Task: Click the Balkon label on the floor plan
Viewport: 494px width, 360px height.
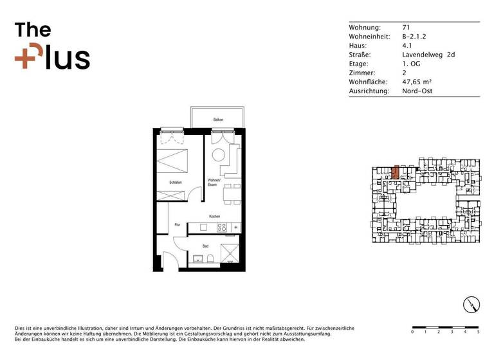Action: [x=218, y=120]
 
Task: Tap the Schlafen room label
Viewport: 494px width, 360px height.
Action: [x=176, y=183]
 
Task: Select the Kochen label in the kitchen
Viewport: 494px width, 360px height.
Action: [x=214, y=217]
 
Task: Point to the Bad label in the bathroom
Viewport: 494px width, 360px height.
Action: [x=205, y=246]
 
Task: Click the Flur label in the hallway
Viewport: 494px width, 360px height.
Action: [x=178, y=224]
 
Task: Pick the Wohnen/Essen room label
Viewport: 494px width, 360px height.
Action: [x=214, y=182]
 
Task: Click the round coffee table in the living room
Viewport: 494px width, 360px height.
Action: [x=219, y=155]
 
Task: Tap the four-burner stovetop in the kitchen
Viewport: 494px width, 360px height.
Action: [x=222, y=228]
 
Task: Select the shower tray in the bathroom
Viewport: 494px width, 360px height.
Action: [x=230, y=255]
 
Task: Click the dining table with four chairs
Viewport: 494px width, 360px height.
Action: [x=232, y=193]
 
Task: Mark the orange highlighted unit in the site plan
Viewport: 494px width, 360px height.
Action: [x=396, y=172]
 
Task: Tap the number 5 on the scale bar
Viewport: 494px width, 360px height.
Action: [x=478, y=332]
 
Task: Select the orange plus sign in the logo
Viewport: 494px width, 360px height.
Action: [x=25, y=59]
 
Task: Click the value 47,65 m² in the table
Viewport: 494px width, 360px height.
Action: [x=416, y=82]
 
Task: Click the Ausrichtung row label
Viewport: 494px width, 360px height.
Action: [x=369, y=91]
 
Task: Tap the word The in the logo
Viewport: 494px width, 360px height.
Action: [x=33, y=30]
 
